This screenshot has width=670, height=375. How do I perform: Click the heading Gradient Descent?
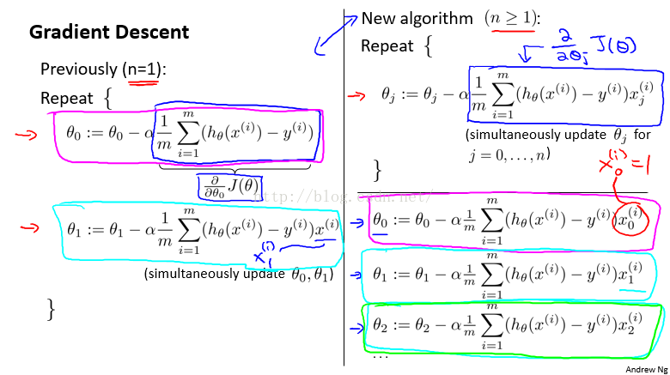(109, 33)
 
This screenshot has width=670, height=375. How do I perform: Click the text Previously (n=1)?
(103, 70)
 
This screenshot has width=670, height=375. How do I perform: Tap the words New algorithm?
(417, 19)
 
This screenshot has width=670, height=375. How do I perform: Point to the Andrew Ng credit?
(646, 370)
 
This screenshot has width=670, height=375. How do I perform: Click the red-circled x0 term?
(630, 219)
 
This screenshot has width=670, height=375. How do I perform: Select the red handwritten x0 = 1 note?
(624, 164)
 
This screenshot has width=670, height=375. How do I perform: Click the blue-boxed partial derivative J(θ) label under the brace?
(230, 187)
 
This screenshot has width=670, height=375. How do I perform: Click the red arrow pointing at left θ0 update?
(27, 136)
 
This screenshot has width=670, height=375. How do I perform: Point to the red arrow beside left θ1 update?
(30, 227)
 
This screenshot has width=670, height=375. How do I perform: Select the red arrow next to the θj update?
(356, 96)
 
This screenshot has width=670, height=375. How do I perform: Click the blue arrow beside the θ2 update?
(356, 328)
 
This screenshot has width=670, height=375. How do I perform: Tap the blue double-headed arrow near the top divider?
(335, 35)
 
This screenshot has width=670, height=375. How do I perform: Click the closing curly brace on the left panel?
(51, 309)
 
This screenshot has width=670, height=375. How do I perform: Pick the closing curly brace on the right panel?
(377, 171)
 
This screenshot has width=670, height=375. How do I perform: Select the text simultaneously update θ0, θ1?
(239, 274)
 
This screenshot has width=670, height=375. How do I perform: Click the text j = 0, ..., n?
(509, 154)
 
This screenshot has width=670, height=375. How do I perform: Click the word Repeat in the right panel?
(387, 46)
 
